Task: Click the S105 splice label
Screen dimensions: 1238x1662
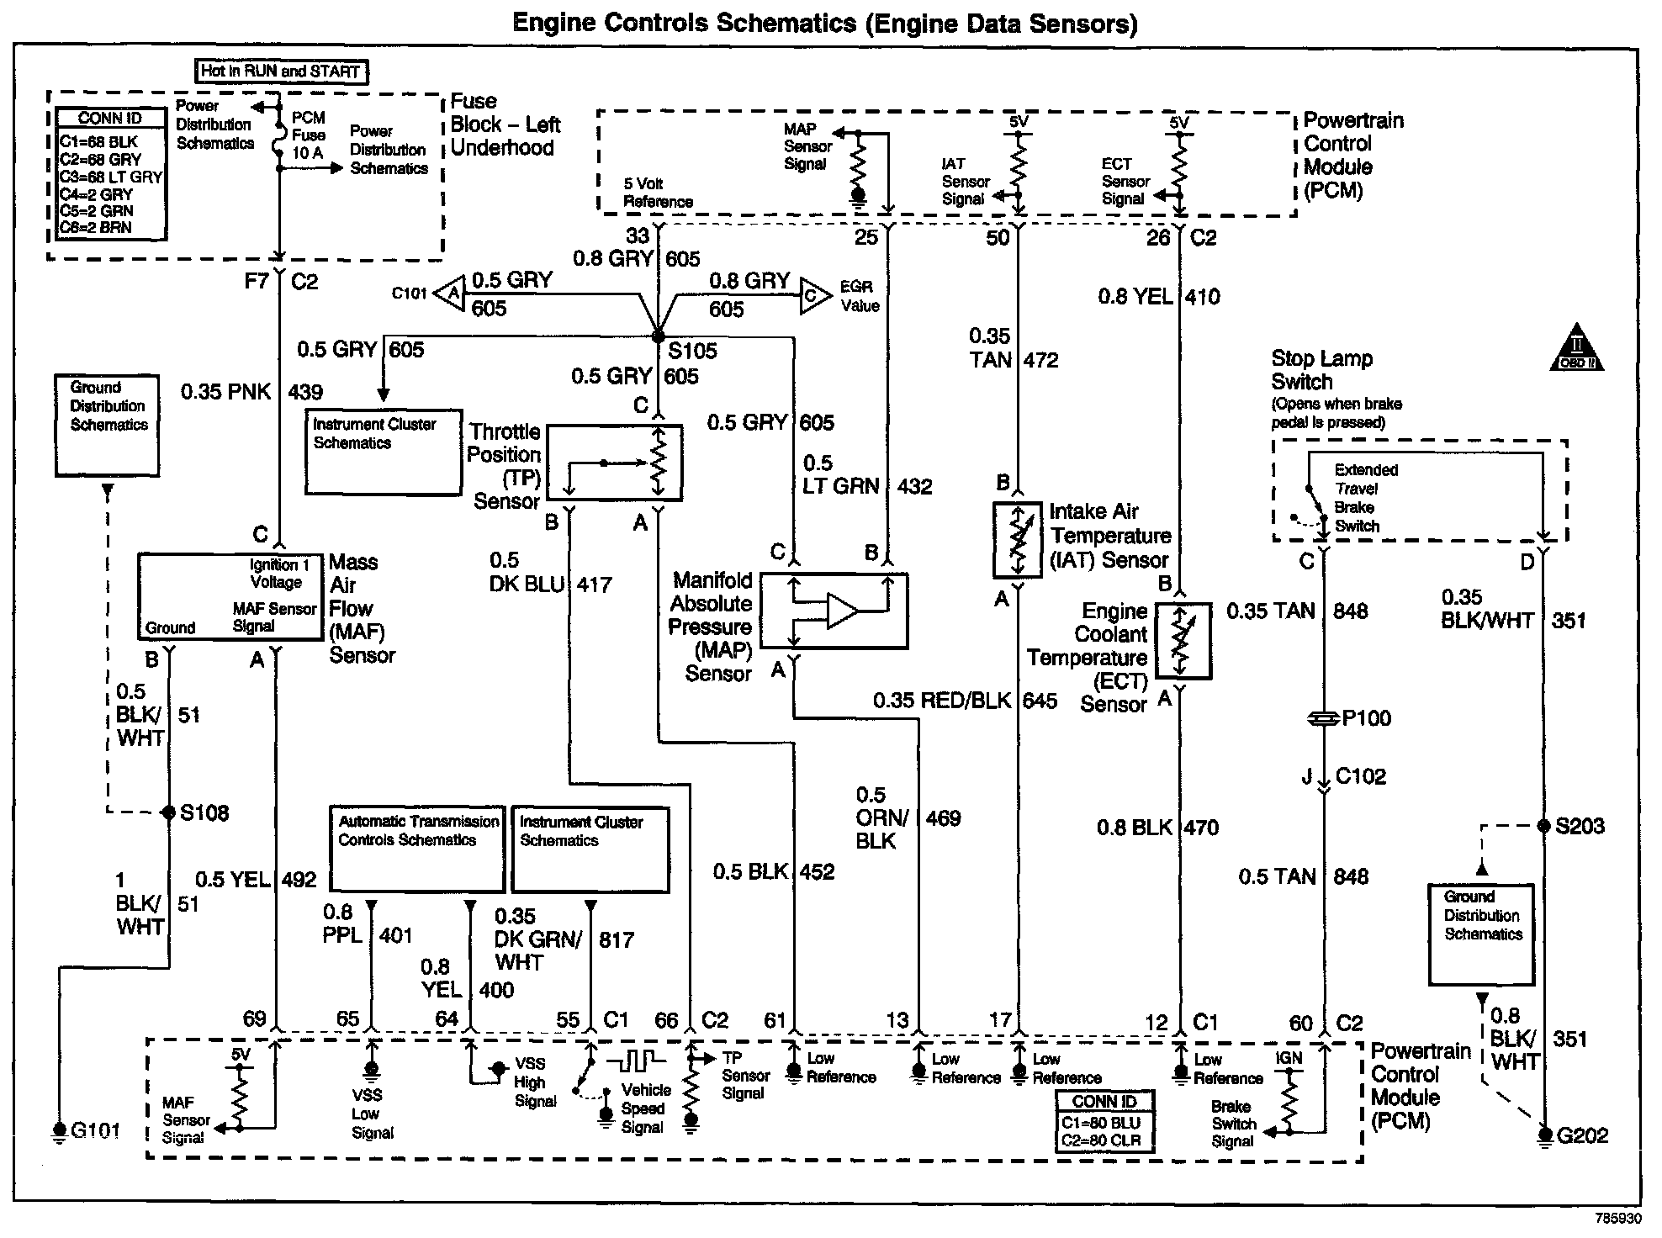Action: pos(693,351)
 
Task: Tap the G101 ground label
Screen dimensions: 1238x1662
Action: pos(95,1130)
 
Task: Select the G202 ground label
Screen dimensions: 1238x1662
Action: pos(1582,1135)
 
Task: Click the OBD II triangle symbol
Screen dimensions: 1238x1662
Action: pos(1576,351)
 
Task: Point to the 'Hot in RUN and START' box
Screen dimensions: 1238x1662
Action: pos(281,71)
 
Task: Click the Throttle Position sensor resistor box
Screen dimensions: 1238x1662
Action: pos(614,463)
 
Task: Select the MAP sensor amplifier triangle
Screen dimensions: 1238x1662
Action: pos(842,611)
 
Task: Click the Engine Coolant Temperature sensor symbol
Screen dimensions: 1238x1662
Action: pos(1183,641)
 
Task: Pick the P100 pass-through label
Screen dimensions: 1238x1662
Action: pos(1366,718)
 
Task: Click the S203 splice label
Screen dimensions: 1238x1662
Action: pos(1580,826)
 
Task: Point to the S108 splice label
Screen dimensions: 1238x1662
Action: pos(204,812)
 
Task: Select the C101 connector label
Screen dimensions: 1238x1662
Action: pos(409,294)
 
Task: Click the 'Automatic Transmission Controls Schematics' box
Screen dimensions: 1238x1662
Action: pos(418,849)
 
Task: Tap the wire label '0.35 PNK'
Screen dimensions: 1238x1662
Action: pos(225,391)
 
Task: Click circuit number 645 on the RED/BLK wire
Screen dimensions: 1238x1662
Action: pos(1040,701)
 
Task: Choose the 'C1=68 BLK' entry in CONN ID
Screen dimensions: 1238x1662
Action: pos(98,141)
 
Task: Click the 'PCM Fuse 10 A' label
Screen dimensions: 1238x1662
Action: pos(308,135)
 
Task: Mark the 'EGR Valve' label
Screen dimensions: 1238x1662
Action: pos(859,296)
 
